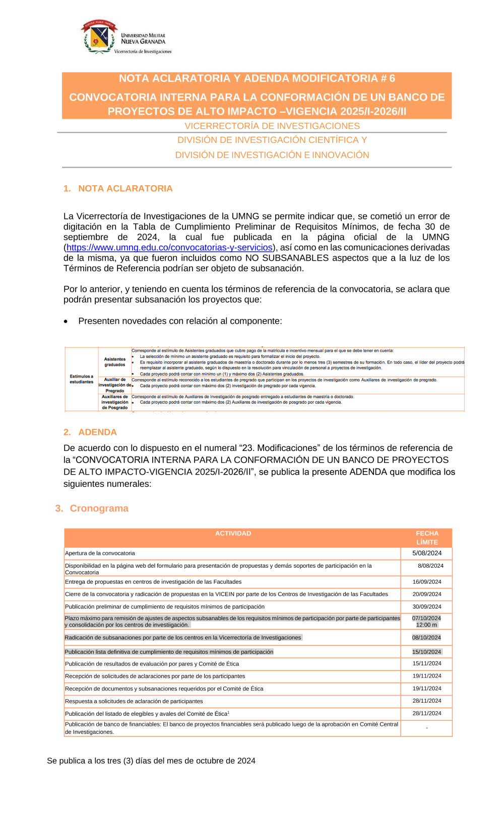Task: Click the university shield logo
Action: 100,36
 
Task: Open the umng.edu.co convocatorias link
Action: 169,248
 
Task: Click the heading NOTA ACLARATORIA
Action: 125,189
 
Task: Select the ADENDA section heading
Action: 97,432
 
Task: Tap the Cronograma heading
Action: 99,508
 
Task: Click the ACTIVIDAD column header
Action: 233,534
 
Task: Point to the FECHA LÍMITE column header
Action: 427,538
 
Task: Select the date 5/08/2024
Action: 427,553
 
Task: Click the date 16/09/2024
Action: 427,582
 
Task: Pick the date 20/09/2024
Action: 427,594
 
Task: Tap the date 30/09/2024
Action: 427,607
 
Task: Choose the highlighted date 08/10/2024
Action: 426,638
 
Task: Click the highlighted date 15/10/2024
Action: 426,652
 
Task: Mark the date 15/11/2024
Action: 427,664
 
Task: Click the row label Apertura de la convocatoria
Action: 100,553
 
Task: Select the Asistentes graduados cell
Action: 115,362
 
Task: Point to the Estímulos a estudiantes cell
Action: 82,379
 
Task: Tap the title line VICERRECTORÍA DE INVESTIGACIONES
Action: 272,126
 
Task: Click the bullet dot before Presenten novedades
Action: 66,322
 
